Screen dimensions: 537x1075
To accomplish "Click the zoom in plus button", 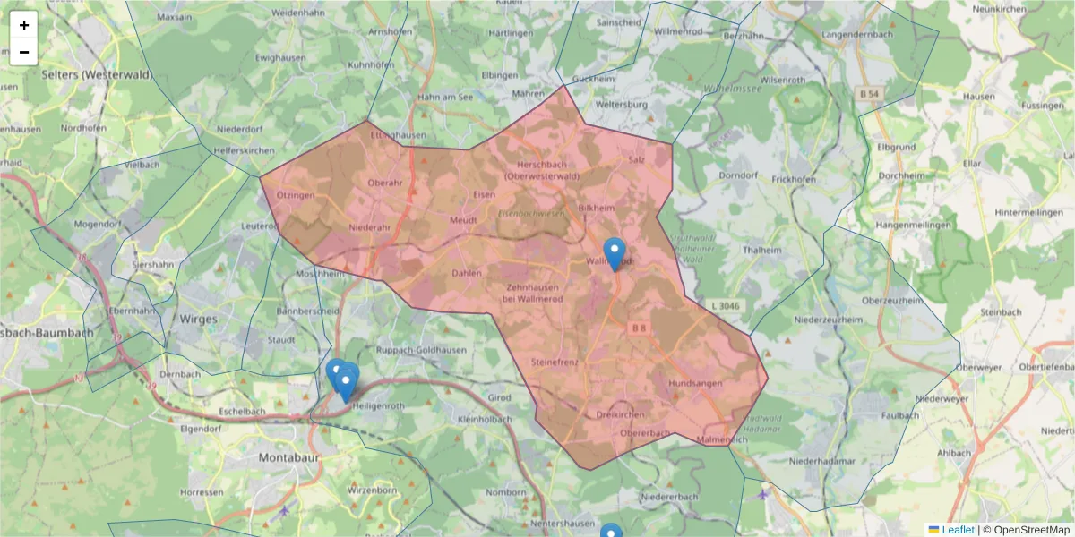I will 24,25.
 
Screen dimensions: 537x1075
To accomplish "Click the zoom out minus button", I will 24,52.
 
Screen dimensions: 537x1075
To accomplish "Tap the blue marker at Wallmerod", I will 615,254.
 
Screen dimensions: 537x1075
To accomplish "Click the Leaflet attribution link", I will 958,530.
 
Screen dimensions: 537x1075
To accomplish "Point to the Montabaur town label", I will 289,457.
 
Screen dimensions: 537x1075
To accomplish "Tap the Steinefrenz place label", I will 555,362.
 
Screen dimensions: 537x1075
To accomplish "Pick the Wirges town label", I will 199,318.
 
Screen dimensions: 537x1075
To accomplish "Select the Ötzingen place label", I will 296,195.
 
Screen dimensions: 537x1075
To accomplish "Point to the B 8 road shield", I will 638,328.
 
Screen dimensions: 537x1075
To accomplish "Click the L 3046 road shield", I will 721,305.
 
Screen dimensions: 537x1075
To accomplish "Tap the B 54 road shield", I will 868,93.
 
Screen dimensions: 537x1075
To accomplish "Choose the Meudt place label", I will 463,219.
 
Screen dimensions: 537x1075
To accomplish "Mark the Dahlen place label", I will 467,273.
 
